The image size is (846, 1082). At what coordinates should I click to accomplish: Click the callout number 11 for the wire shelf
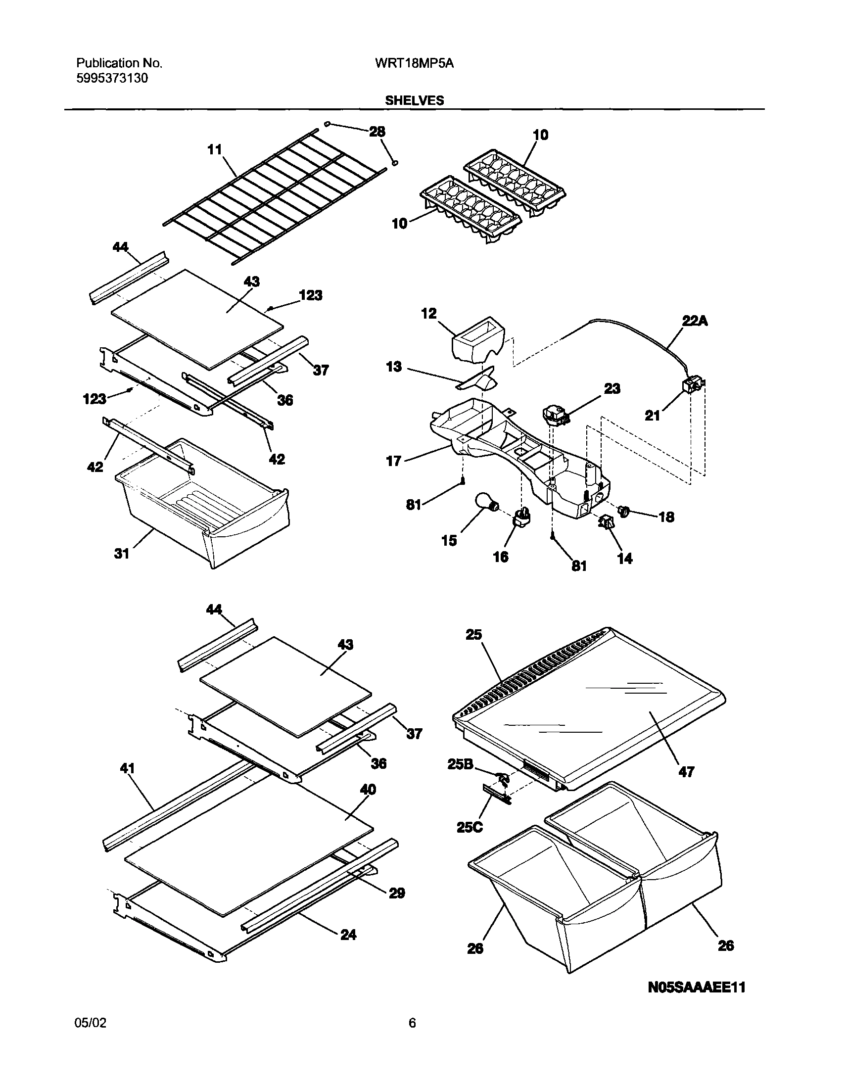point(215,149)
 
